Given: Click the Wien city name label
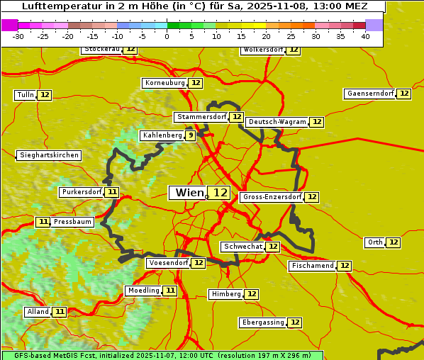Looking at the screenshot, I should coord(189,193).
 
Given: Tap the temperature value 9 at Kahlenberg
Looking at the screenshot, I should coord(191,135).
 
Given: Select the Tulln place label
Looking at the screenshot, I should coord(25,95).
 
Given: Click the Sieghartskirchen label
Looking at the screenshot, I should coord(49,155).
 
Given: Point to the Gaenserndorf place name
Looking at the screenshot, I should coord(370,94).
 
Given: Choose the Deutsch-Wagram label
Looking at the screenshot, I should coord(277,122).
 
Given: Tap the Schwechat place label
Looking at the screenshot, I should coord(242,247).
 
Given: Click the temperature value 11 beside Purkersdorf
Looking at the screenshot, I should coord(112,192).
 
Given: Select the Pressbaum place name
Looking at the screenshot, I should coord(73,222).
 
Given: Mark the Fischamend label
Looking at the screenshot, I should coord(312,266).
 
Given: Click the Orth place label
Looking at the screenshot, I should coord(375,242).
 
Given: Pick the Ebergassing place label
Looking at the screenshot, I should coord(262,322).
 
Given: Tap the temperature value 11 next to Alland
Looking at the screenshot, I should coord(60,312).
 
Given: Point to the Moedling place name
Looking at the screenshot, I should coord(144,291).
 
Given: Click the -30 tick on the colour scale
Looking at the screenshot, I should coord(18,36).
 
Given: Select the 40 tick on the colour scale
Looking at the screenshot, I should coord(365,36).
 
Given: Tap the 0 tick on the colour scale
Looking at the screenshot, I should coord(167,36).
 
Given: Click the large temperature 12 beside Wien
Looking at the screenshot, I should coord(221,193).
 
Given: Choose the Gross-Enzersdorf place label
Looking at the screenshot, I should coord(272,197).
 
